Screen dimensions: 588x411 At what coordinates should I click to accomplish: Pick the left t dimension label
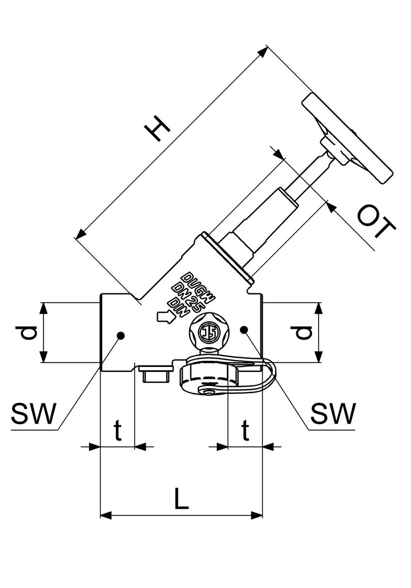pos(117,431)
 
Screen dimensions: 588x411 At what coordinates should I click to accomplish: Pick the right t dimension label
pos(245,431)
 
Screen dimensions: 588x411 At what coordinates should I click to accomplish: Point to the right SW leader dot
pos(244,329)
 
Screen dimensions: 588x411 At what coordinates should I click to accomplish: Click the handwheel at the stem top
pos(348,138)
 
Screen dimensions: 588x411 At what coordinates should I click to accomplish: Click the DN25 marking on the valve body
pos(188,294)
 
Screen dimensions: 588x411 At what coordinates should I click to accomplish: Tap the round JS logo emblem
pos(207,332)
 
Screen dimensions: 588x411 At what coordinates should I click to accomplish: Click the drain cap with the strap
pos(209,379)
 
